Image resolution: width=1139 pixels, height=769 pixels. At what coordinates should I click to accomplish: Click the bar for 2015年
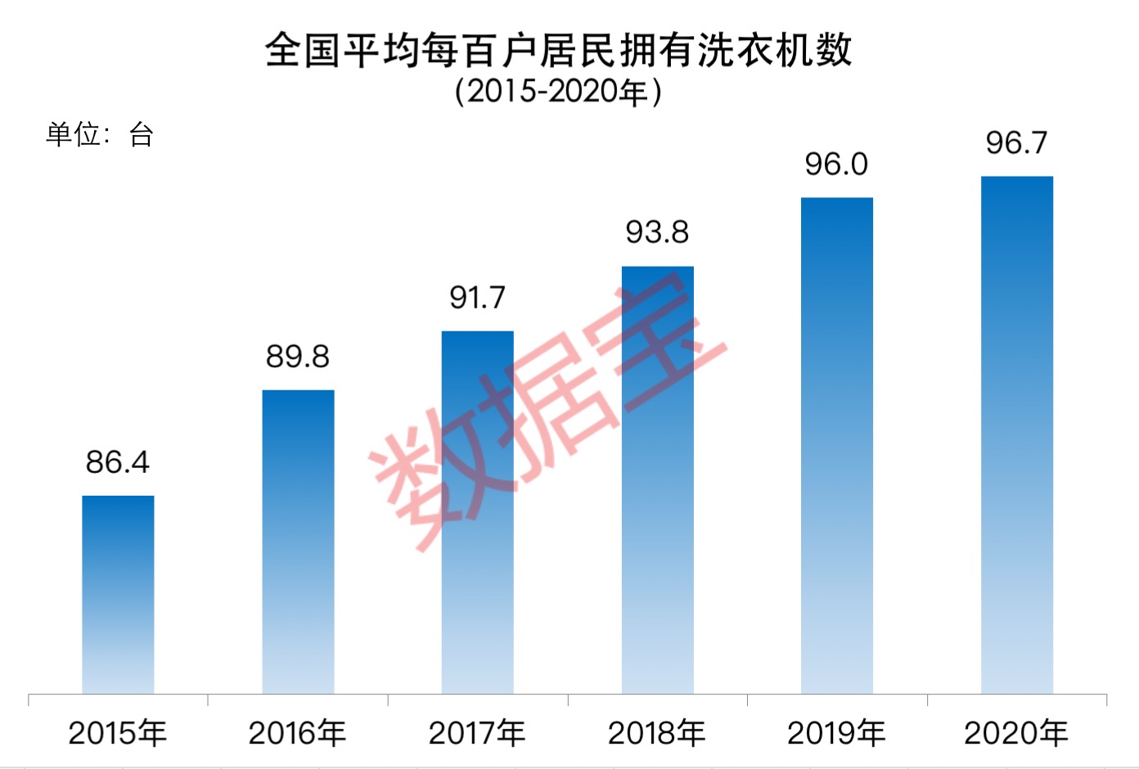click(118, 595)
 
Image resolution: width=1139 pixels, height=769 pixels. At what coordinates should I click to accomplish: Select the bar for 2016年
click(298, 542)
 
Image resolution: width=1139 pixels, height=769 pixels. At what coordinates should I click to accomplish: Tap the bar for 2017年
click(478, 512)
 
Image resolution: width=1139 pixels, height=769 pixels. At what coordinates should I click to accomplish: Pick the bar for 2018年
click(657, 480)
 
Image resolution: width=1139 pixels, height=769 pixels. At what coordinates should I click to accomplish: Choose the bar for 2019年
click(837, 446)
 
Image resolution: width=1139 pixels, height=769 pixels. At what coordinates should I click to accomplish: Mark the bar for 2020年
click(1017, 435)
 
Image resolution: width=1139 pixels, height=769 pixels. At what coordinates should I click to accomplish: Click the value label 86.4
click(118, 462)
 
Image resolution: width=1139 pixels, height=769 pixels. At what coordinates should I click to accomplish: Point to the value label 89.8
click(298, 357)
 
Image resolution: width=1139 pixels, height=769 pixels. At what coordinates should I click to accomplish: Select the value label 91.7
click(478, 298)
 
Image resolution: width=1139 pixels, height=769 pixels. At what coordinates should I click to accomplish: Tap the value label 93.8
click(657, 232)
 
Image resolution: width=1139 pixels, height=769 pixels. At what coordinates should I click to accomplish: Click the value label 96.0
click(836, 164)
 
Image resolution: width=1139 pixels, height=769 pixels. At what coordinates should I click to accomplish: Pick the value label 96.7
click(1016, 143)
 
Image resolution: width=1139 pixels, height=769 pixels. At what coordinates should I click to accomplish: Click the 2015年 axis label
click(118, 733)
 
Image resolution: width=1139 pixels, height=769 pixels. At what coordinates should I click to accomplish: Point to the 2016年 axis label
click(298, 733)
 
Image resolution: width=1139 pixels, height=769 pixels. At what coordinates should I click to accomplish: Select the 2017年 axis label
click(478, 733)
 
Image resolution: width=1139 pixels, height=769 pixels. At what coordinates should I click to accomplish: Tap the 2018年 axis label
click(657, 733)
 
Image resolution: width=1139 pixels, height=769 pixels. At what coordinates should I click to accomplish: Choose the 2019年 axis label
click(837, 733)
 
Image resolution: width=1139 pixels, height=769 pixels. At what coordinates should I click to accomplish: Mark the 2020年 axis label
click(1016, 733)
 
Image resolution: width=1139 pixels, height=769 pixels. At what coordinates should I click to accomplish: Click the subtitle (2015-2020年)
click(559, 92)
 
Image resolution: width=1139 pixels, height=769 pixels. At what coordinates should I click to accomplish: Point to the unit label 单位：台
click(100, 134)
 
